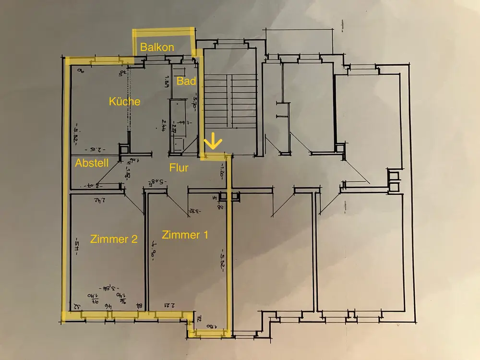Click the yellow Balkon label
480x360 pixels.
click(157, 48)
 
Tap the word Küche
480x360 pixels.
click(125, 101)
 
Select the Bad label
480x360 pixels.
click(186, 81)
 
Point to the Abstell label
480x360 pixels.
click(92, 163)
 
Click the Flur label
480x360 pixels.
click(179, 168)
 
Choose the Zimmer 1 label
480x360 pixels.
click(185, 235)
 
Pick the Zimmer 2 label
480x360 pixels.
click(114, 239)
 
